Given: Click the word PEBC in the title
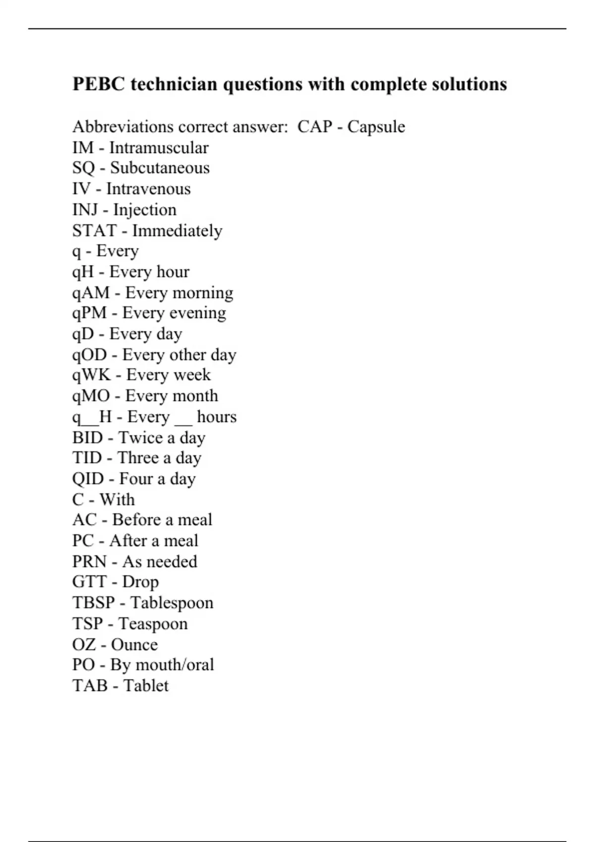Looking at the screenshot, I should coord(99,84).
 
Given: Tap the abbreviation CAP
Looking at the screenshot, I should coord(314,127).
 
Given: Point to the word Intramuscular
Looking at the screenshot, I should coord(159,148).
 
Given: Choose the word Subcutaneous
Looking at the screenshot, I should coord(160,168).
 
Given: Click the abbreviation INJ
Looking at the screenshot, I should coord(85,210).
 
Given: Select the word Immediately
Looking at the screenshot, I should coord(177,231).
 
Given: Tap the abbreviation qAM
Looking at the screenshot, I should coord(91,293).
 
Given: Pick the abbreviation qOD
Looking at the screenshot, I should coord(90,355).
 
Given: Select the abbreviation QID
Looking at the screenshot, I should coord(88,479).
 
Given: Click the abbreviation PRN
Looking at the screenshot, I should coord(89,562).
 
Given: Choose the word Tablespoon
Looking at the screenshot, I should coord(172,603).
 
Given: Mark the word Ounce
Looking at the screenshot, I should coord(134,644).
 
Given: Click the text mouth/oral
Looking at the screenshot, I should coord(175,665).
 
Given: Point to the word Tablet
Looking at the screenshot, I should coord(146,685).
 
